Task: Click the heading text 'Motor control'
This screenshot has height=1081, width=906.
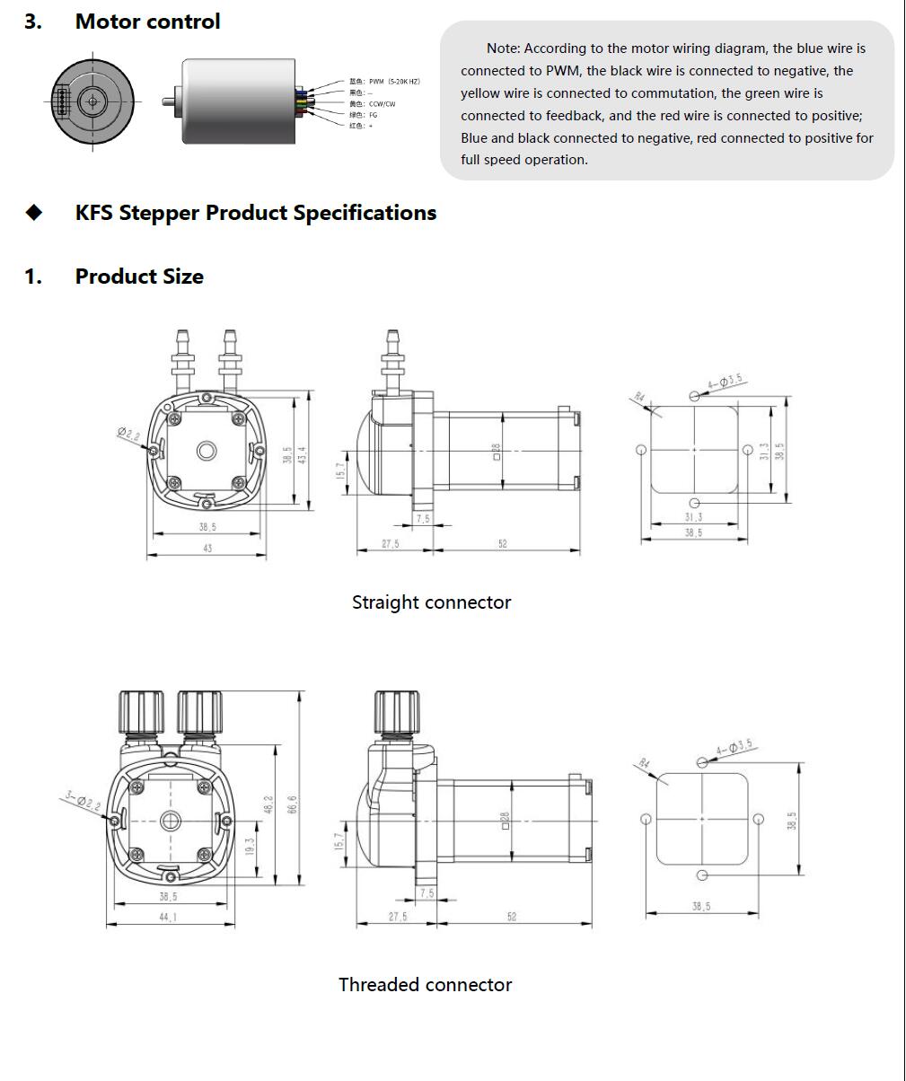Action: pyautogui.click(x=147, y=22)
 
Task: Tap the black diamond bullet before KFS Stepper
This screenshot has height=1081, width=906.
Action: pyautogui.click(x=34, y=213)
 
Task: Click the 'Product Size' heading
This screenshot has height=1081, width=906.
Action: pyautogui.click(x=139, y=277)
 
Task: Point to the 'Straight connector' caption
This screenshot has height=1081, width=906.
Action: pyautogui.click(x=431, y=602)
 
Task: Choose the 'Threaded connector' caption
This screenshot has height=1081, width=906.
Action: pyautogui.click(x=425, y=985)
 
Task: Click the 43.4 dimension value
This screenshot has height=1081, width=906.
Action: pyautogui.click(x=303, y=454)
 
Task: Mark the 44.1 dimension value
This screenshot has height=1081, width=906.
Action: pyautogui.click(x=168, y=918)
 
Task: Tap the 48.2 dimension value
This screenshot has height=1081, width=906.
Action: pyautogui.click(x=267, y=805)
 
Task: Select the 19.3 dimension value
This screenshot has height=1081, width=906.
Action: pyautogui.click(x=250, y=846)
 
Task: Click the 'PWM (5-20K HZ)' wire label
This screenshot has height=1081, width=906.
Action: pyautogui.click(x=394, y=82)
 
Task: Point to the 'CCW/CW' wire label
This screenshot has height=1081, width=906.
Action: pyautogui.click(x=382, y=104)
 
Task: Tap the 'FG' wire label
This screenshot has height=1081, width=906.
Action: pyautogui.click(x=373, y=115)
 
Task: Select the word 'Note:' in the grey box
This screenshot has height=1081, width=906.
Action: pyautogui.click(x=503, y=48)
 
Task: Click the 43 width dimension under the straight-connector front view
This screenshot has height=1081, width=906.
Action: pyautogui.click(x=207, y=548)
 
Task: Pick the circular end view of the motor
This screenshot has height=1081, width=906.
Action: pyautogui.click(x=92, y=101)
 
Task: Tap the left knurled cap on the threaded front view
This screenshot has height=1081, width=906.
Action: pyautogui.click(x=139, y=713)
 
